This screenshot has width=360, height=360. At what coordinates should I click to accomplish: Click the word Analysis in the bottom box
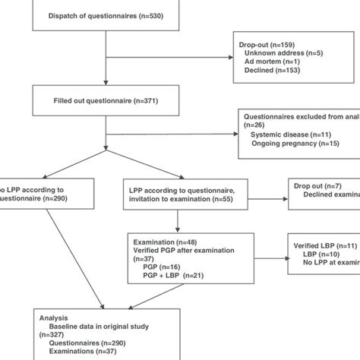(55, 317)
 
